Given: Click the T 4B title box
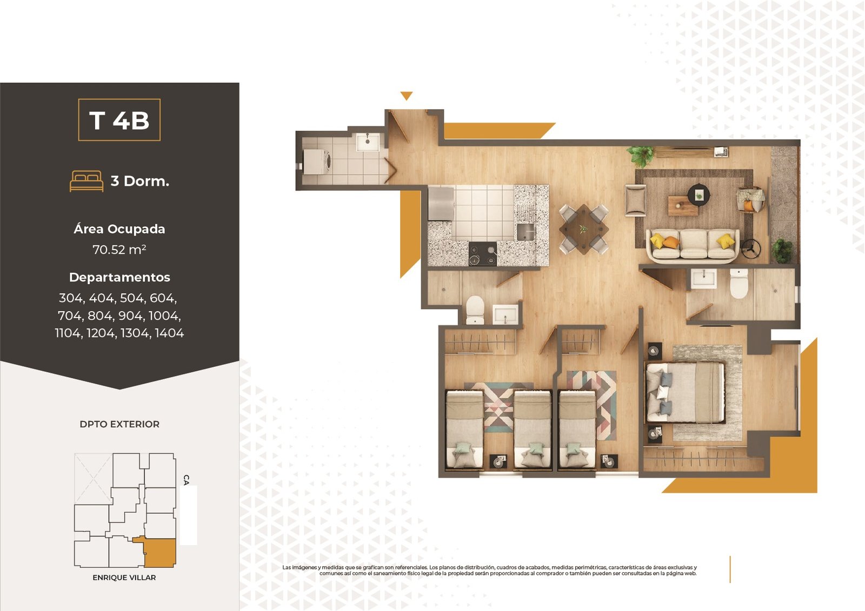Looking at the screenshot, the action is point(119,119).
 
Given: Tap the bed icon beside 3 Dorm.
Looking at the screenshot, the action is point(86,181).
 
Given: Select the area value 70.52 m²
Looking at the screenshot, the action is point(119,250).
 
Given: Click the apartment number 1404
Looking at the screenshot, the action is point(169,333).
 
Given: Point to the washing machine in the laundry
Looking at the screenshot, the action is point(317,162).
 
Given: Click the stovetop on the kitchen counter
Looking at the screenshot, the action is point(483,254).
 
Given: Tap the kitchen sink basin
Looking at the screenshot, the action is point(525,232).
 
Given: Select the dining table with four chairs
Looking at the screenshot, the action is point(583,229).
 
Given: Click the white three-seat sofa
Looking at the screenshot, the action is point(693,245).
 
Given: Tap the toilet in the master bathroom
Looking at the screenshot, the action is point(738,284).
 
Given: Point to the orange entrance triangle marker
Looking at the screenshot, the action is point(406,96).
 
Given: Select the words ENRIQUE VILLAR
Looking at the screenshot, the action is point(124,578).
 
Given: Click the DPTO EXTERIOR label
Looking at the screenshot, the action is point(119,424).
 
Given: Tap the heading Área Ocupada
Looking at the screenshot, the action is point(119,229).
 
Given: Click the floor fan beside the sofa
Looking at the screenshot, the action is point(751,249).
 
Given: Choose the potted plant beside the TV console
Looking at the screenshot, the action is point(641,156).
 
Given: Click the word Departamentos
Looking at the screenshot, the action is point(119,277).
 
